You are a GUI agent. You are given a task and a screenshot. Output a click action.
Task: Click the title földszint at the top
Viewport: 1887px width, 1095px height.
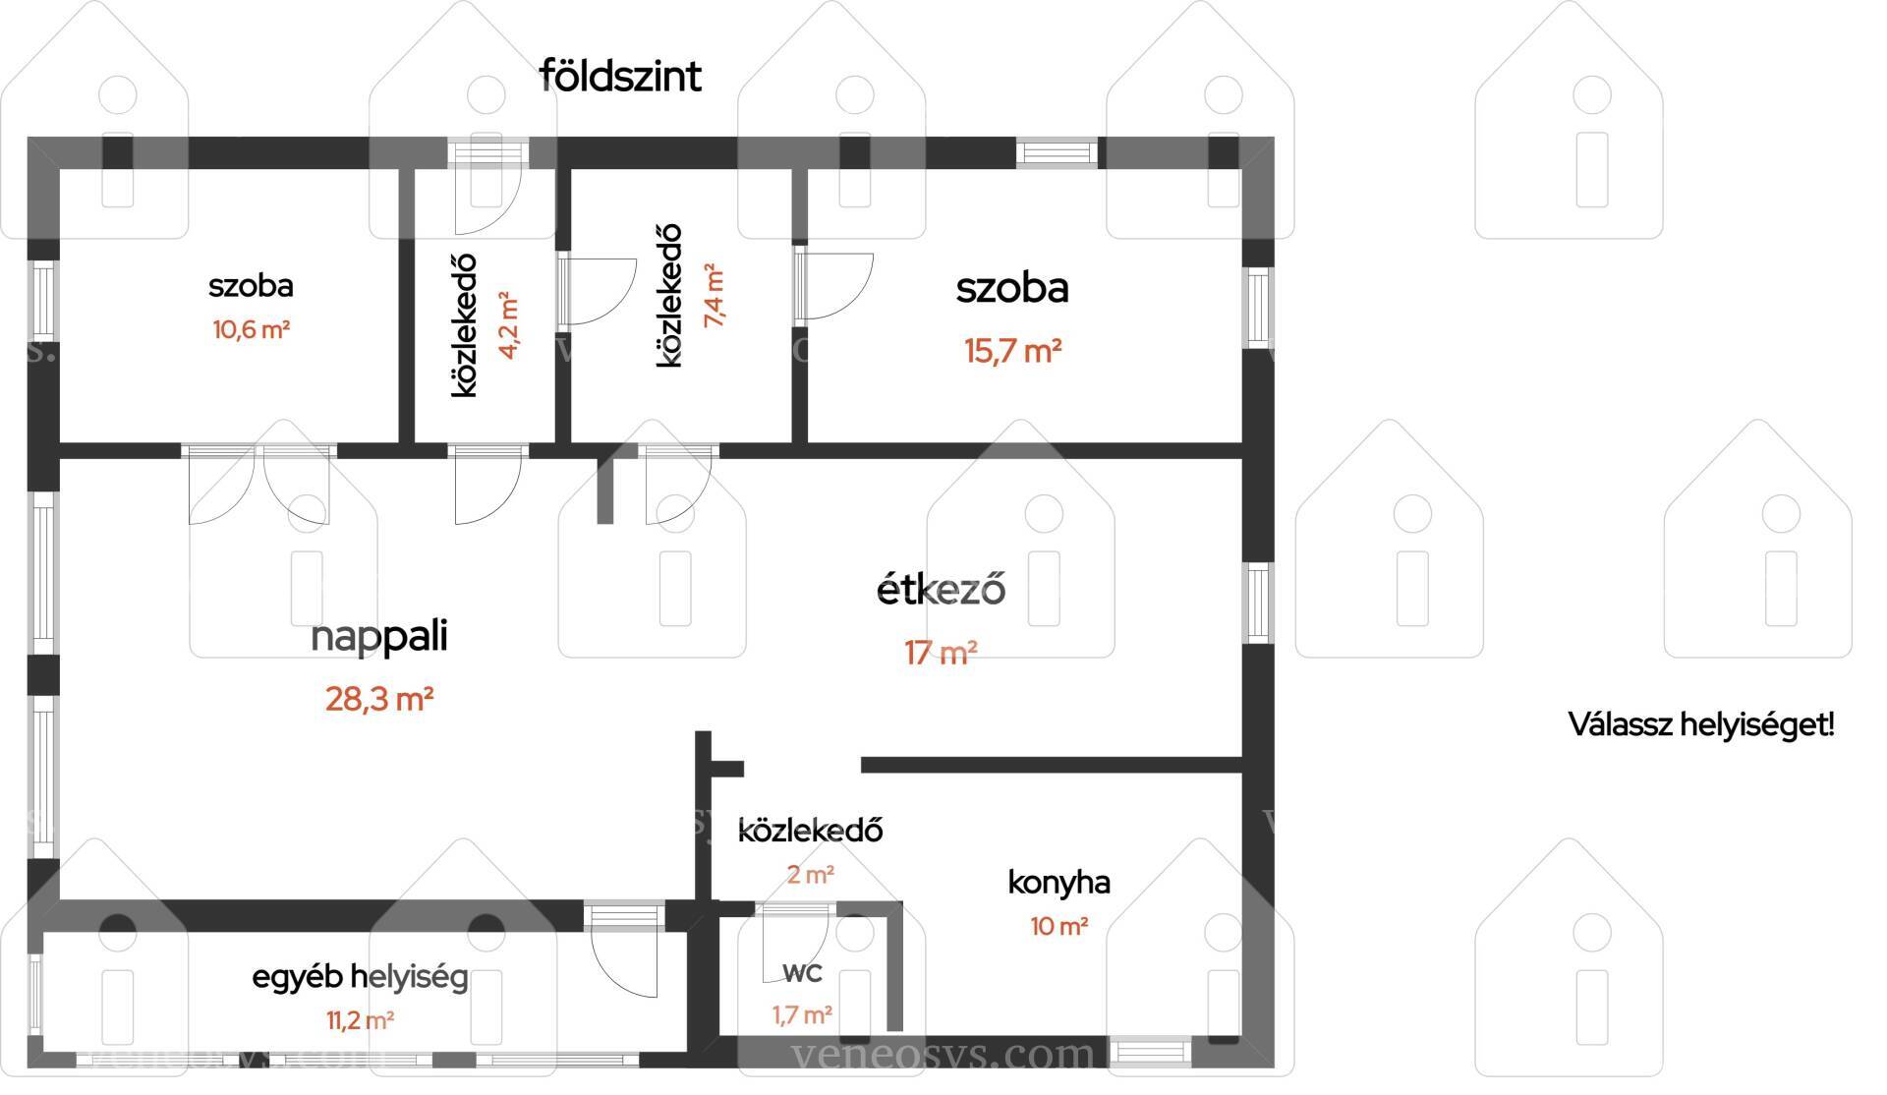(621, 76)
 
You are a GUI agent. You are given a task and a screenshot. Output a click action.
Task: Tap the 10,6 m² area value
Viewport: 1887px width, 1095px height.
(252, 329)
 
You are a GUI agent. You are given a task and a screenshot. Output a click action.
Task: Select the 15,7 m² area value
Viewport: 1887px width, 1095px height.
(1013, 351)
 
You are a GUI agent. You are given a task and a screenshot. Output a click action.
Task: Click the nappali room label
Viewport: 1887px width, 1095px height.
(379, 637)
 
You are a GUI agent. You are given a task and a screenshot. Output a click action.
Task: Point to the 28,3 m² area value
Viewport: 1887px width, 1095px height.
(380, 700)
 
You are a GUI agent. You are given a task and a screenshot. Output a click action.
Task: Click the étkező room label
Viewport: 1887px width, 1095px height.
(941, 589)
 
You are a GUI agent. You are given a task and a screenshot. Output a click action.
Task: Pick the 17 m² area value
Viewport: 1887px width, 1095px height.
(941, 653)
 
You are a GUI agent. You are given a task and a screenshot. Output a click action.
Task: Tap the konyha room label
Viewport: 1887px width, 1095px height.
(1059, 882)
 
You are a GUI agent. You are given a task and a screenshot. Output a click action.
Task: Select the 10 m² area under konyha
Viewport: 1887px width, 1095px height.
(1059, 926)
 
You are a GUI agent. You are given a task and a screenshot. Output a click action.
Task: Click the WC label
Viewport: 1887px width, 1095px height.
(803, 973)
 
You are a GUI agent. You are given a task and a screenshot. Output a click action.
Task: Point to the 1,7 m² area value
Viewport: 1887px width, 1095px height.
(803, 1014)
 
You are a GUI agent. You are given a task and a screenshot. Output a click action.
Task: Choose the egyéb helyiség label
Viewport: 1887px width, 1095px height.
(361, 978)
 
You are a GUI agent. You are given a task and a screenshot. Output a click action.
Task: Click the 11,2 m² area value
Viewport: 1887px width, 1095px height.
(361, 1020)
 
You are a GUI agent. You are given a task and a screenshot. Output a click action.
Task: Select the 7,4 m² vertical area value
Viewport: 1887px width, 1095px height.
(714, 295)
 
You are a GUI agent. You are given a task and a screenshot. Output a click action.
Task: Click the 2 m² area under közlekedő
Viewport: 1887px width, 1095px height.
(811, 874)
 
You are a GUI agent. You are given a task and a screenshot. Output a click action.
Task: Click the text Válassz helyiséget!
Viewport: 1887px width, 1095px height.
(1701, 725)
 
